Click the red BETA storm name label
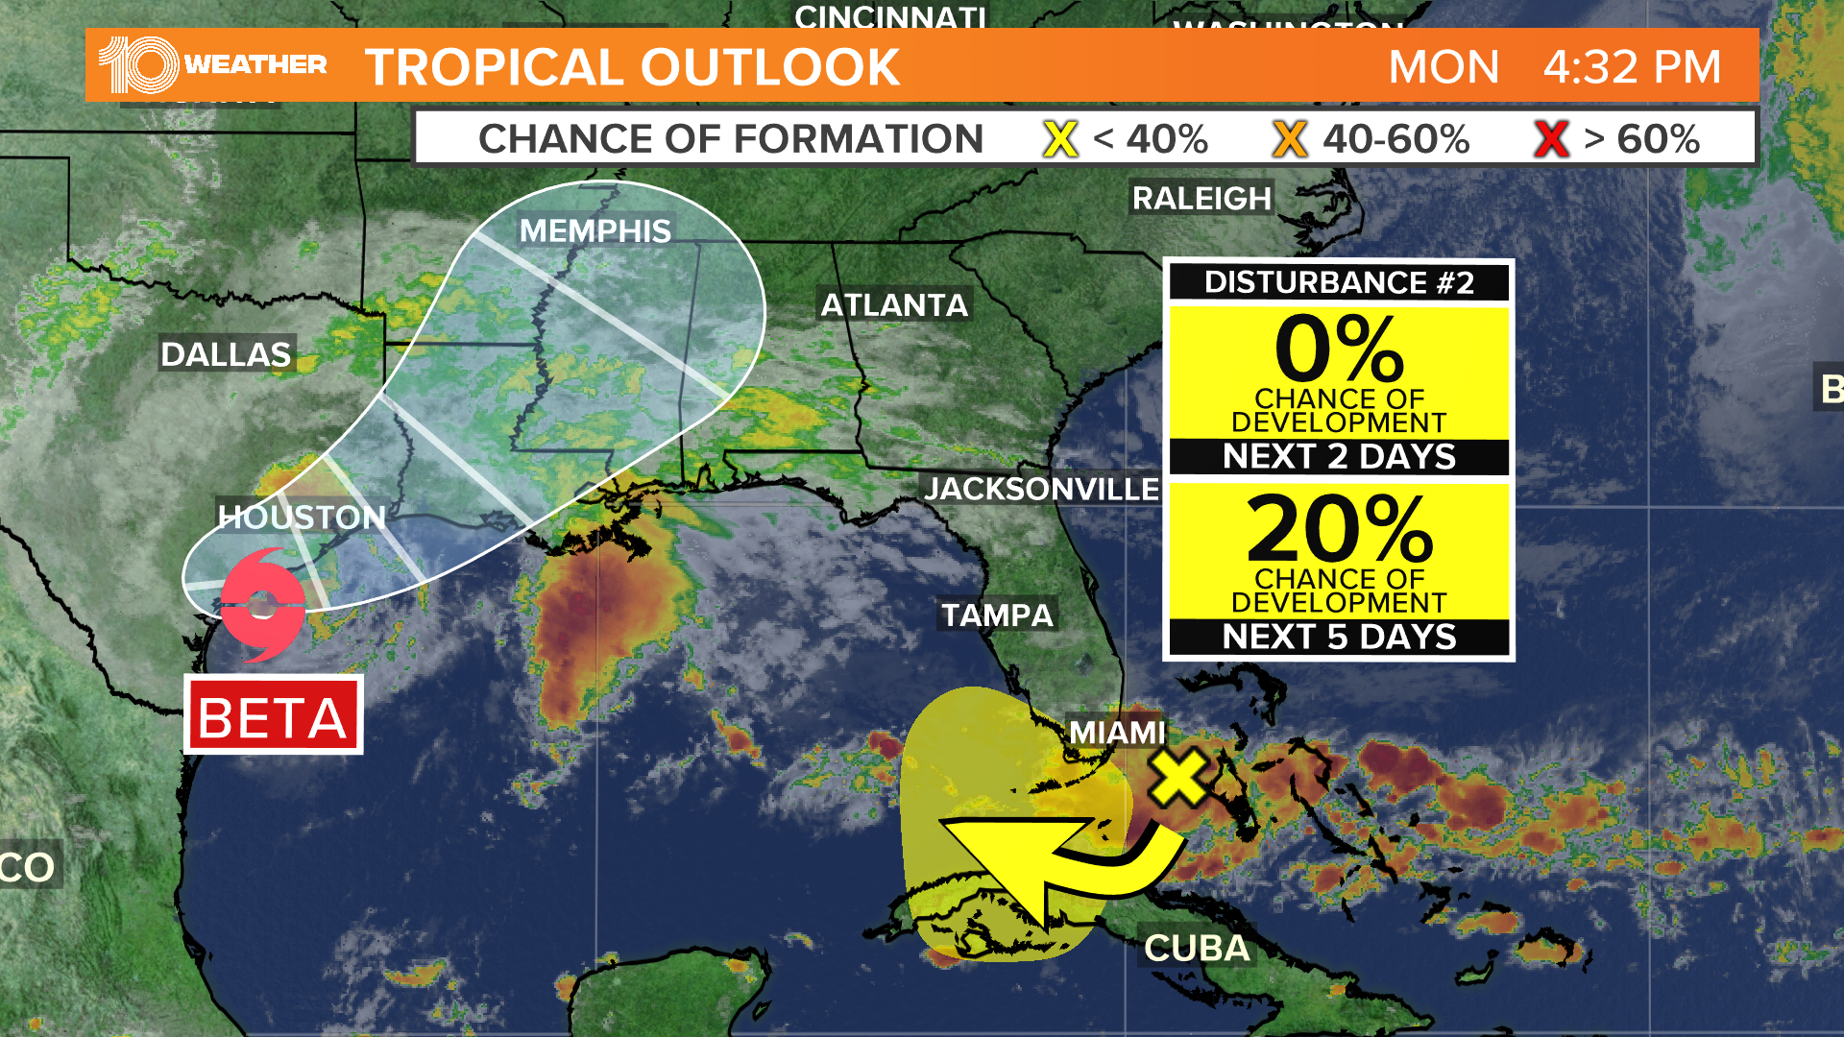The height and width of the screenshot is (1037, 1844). click(x=273, y=716)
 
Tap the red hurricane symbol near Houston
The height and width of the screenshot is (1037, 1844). click(x=262, y=605)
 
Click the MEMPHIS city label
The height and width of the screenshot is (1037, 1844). click(x=594, y=230)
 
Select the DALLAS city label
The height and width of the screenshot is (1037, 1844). click(x=226, y=354)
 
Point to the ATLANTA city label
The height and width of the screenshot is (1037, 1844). click(x=894, y=305)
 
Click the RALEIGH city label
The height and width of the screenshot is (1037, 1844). click(x=1201, y=198)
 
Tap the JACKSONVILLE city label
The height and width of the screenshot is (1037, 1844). click(x=1042, y=489)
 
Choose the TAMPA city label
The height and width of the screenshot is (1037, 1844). click(x=997, y=615)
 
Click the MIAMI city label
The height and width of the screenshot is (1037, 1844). click(x=1117, y=733)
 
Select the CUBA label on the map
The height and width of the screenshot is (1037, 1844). click(x=1197, y=949)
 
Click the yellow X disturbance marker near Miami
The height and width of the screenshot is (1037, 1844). click(x=1177, y=777)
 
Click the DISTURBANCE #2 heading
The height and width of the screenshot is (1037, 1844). click(x=1339, y=282)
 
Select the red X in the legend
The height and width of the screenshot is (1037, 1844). click(x=1551, y=139)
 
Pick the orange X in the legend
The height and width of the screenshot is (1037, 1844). click(x=1289, y=139)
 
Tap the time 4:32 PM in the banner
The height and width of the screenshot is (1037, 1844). click(x=1632, y=67)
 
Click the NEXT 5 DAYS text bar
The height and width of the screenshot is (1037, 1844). click(x=1339, y=637)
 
